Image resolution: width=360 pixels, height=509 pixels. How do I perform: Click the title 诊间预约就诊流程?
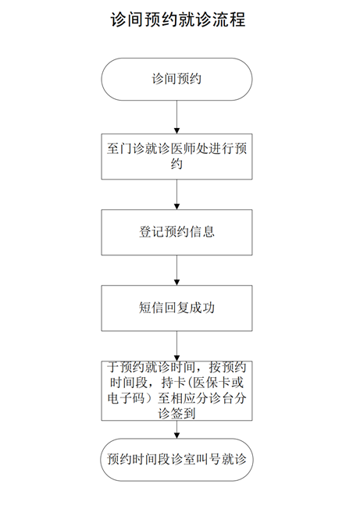tap(178, 20)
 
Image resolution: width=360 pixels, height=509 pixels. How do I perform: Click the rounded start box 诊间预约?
tap(177, 79)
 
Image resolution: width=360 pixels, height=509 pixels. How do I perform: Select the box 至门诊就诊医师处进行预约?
tap(177, 156)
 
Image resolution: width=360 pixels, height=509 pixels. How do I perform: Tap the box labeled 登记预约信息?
tap(177, 233)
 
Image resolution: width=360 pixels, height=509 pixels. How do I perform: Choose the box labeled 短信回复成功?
tap(177, 308)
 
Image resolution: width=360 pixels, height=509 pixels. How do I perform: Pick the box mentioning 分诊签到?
tap(177, 391)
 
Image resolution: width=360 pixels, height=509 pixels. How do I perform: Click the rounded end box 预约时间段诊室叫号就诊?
tap(177, 460)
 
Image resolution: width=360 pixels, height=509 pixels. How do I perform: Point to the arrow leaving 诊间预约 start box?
tap(177, 117)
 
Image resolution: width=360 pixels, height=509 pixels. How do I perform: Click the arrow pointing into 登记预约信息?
tap(177, 194)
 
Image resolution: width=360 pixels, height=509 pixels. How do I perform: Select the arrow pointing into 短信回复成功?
tap(177, 270)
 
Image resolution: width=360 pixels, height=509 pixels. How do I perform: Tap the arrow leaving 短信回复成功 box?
tap(177, 346)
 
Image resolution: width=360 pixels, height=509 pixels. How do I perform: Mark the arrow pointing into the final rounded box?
tap(177, 430)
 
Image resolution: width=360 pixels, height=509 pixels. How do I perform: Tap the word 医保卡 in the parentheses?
tap(212, 383)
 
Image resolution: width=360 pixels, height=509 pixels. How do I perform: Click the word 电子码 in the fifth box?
tap(126, 398)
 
